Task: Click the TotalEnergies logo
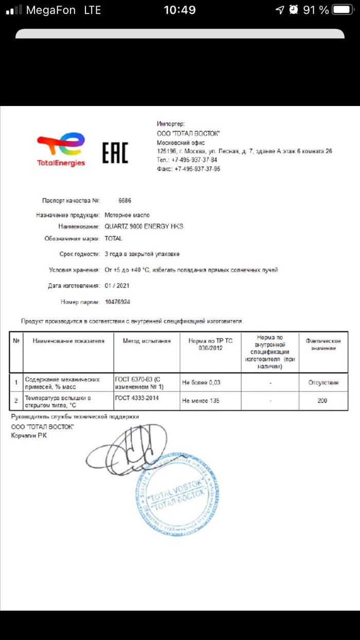tap(61, 149)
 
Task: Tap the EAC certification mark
tap(115, 153)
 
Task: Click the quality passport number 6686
tap(125, 200)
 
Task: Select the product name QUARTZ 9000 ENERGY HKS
tap(143, 226)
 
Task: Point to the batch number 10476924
tap(117, 302)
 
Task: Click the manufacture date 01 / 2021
tap(118, 286)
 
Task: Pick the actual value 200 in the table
tap(322, 400)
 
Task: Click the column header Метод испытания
tap(146, 341)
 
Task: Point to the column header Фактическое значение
tap(322, 344)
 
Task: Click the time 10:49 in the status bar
tap(179, 10)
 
